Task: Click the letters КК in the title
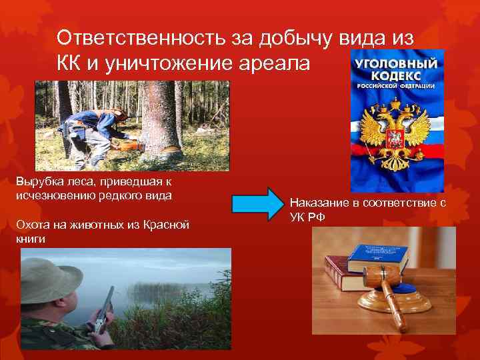coord(72,66)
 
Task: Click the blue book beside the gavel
coord(377,257)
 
